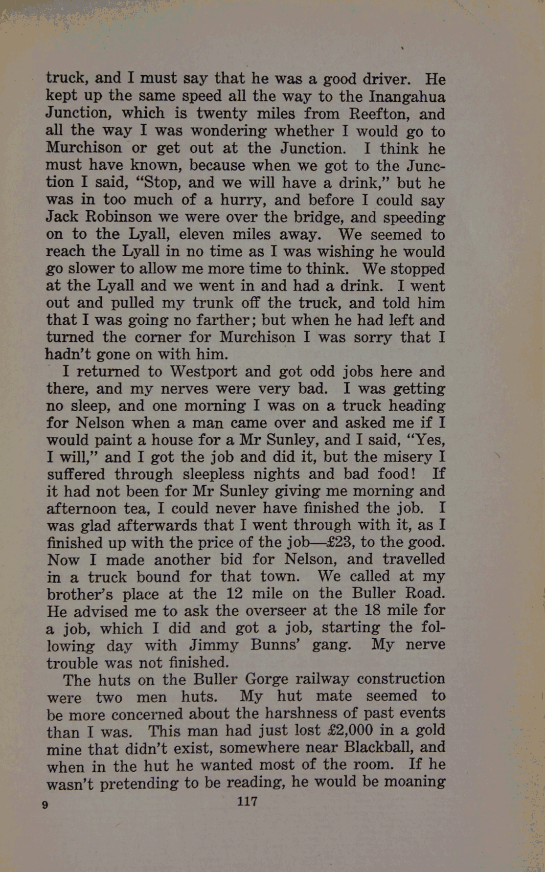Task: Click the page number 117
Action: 247,801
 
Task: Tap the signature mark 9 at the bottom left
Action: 45,805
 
